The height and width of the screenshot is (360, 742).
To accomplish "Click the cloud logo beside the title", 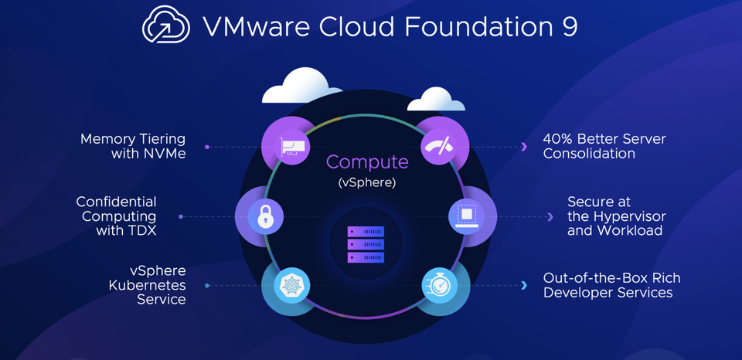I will [x=166, y=26].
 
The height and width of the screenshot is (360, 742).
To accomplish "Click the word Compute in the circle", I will [x=367, y=162].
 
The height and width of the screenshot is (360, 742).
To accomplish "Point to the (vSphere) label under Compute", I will [x=367, y=183].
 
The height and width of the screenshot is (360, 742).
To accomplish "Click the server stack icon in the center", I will [x=366, y=243].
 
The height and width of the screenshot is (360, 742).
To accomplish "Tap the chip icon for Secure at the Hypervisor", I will [x=466, y=213].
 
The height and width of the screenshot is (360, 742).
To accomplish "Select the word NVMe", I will [x=165, y=153].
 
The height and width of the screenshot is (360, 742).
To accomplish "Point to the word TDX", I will [x=138, y=230].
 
